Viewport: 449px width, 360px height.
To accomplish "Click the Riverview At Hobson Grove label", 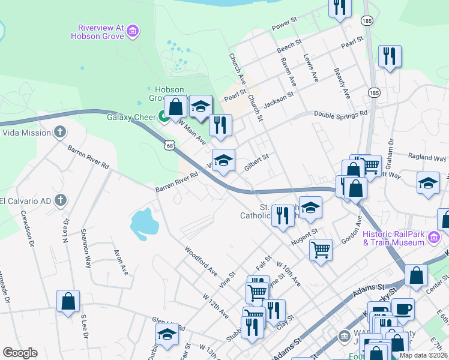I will (100, 31).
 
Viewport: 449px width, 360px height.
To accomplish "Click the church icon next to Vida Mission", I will (59, 131).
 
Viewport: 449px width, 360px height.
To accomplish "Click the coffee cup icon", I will (403, 309).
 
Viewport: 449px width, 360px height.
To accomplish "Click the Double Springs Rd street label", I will (340, 114).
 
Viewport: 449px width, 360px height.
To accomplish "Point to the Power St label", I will (285, 23).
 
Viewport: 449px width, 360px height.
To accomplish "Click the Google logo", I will (20, 353).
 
